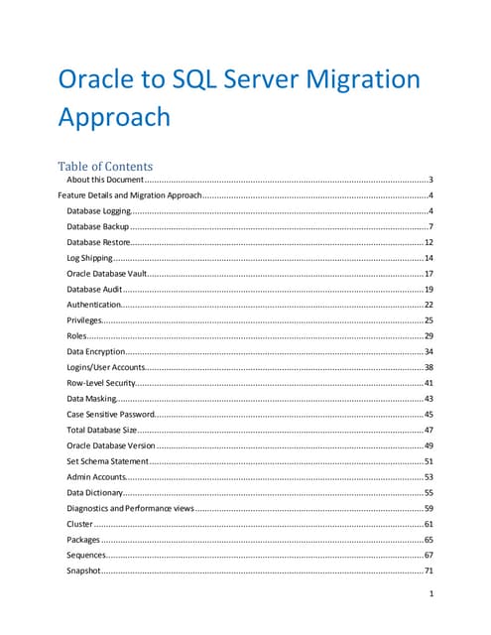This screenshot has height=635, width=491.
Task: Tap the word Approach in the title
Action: pos(115,118)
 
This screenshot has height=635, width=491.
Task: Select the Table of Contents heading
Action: pos(105,166)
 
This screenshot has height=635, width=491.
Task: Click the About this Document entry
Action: pos(105,181)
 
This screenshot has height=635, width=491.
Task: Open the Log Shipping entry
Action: pos(90,258)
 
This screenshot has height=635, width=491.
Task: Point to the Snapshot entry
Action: pos(84,571)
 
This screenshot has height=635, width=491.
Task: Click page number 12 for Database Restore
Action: pos(429,242)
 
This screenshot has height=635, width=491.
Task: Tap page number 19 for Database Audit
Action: pos(429,289)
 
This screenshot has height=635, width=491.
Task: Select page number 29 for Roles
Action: pos(429,335)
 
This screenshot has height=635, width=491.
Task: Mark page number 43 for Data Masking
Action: pos(429,398)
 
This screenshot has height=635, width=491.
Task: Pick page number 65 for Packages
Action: pos(429,539)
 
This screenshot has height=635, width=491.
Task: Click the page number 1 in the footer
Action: pos(430,595)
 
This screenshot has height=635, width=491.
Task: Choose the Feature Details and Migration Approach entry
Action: pos(130,195)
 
